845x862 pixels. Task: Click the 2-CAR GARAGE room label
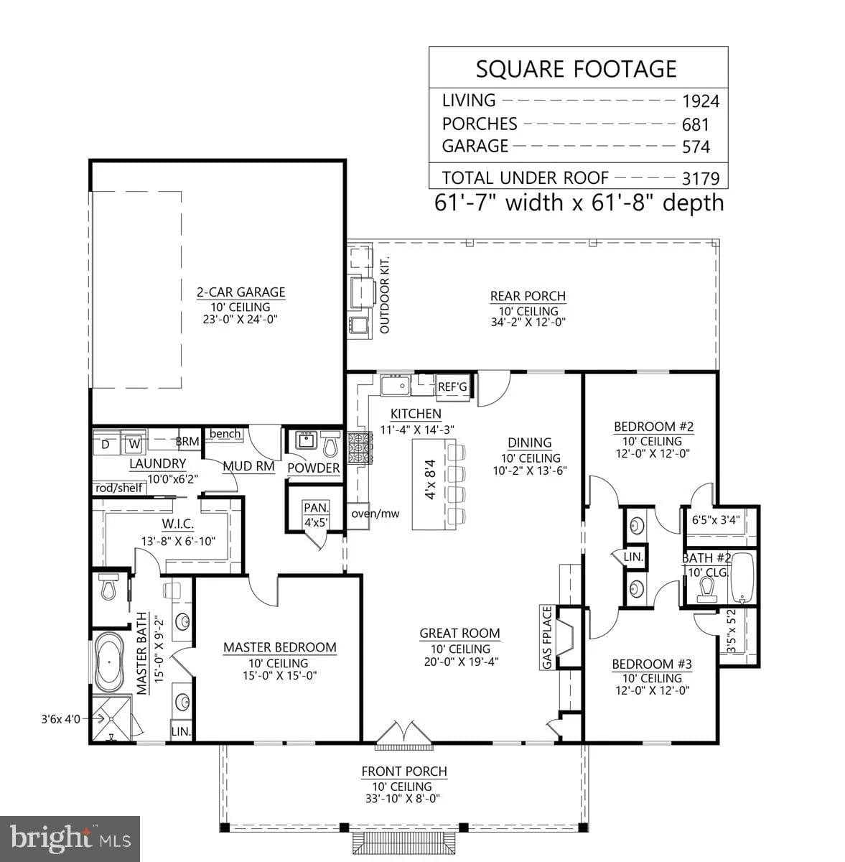pyautogui.click(x=241, y=292)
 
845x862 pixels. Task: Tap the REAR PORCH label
pyautogui.click(x=528, y=296)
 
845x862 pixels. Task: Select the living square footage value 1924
pyautogui.click(x=700, y=101)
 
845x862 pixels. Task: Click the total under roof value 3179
pyautogui.click(x=700, y=178)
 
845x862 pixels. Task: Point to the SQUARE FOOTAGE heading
pyautogui.click(x=576, y=69)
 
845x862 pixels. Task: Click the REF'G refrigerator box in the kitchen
pyautogui.click(x=452, y=387)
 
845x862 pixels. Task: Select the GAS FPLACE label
pyautogui.click(x=547, y=638)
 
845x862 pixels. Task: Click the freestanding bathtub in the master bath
pyautogui.click(x=109, y=662)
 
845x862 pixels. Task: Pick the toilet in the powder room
pyautogui.click(x=330, y=445)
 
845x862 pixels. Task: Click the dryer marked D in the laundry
pyautogui.click(x=106, y=445)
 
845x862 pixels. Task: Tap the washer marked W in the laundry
pyautogui.click(x=134, y=445)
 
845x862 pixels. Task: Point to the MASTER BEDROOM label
pyautogui.click(x=279, y=647)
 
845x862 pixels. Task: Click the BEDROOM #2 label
pyautogui.click(x=653, y=427)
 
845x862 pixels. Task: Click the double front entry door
pyautogui.click(x=404, y=733)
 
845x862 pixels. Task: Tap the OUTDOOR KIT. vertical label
pyautogui.click(x=384, y=295)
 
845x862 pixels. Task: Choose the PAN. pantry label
pyautogui.click(x=314, y=507)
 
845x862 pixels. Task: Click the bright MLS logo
pyautogui.click(x=70, y=837)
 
